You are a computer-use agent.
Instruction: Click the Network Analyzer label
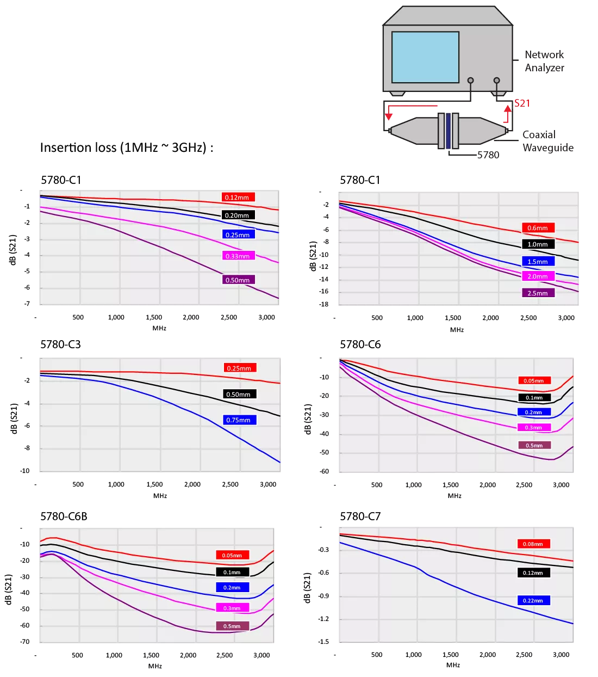(544, 61)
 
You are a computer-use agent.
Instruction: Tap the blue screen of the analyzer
(425, 57)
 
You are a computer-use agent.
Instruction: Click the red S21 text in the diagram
(522, 103)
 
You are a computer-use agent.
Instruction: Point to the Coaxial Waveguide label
(548, 141)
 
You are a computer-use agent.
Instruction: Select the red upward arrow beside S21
(508, 114)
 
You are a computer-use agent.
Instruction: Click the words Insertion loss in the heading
(78, 147)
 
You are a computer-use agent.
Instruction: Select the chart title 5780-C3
(60, 344)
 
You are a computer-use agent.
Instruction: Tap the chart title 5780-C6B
(64, 516)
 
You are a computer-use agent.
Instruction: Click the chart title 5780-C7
(360, 516)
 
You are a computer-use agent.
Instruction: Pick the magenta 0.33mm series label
(239, 256)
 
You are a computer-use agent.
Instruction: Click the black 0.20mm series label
(238, 215)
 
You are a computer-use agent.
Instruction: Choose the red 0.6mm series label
(538, 228)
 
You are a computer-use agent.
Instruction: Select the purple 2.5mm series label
(538, 293)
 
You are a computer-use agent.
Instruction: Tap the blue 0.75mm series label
(239, 420)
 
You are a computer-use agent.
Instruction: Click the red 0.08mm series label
(533, 544)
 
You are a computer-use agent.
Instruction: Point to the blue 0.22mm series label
(533, 600)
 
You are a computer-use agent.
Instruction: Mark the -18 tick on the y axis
(323, 304)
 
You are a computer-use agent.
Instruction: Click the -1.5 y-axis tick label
(323, 642)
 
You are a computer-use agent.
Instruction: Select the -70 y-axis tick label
(24, 642)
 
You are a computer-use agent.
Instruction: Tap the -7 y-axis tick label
(27, 304)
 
